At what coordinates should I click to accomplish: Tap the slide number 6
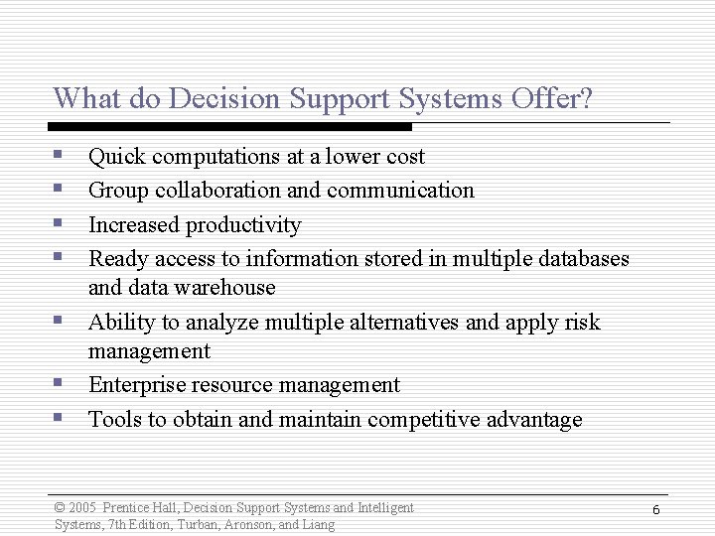pyautogui.click(x=656, y=509)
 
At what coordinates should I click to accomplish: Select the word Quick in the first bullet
pyautogui.click(x=115, y=157)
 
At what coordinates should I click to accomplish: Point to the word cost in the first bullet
pyautogui.click(x=405, y=157)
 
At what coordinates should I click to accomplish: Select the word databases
pyautogui.click(x=581, y=259)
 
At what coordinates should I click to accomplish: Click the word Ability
pyautogui.click(x=117, y=323)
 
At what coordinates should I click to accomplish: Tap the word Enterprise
pyautogui.click(x=136, y=385)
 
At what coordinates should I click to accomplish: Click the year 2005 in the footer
pyautogui.click(x=82, y=508)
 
